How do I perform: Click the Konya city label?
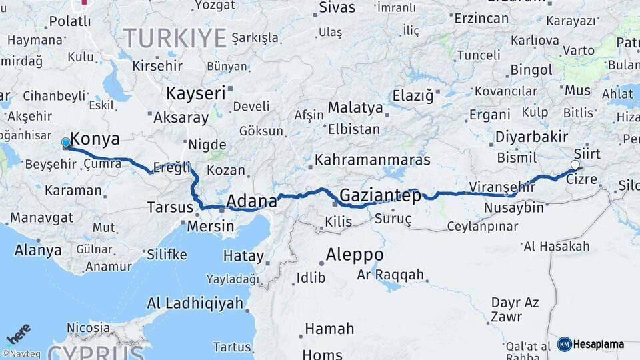tap(95, 139)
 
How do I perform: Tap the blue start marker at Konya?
tap(65, 143)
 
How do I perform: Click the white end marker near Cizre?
tap(575, 165)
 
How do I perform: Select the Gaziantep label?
tap(380, 196)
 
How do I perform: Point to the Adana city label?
tap(251, 201)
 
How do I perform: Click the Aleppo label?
tap(354, 255)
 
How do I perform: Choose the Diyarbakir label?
tap(531, 137)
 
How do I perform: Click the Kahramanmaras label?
tap(372, 161)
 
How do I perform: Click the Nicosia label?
tap(87, 328)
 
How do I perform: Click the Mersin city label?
tap(211, 226)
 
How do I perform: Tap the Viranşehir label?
tap(501, 187)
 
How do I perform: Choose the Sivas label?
tap(337, 8)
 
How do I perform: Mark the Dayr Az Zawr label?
tap(514, 309)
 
